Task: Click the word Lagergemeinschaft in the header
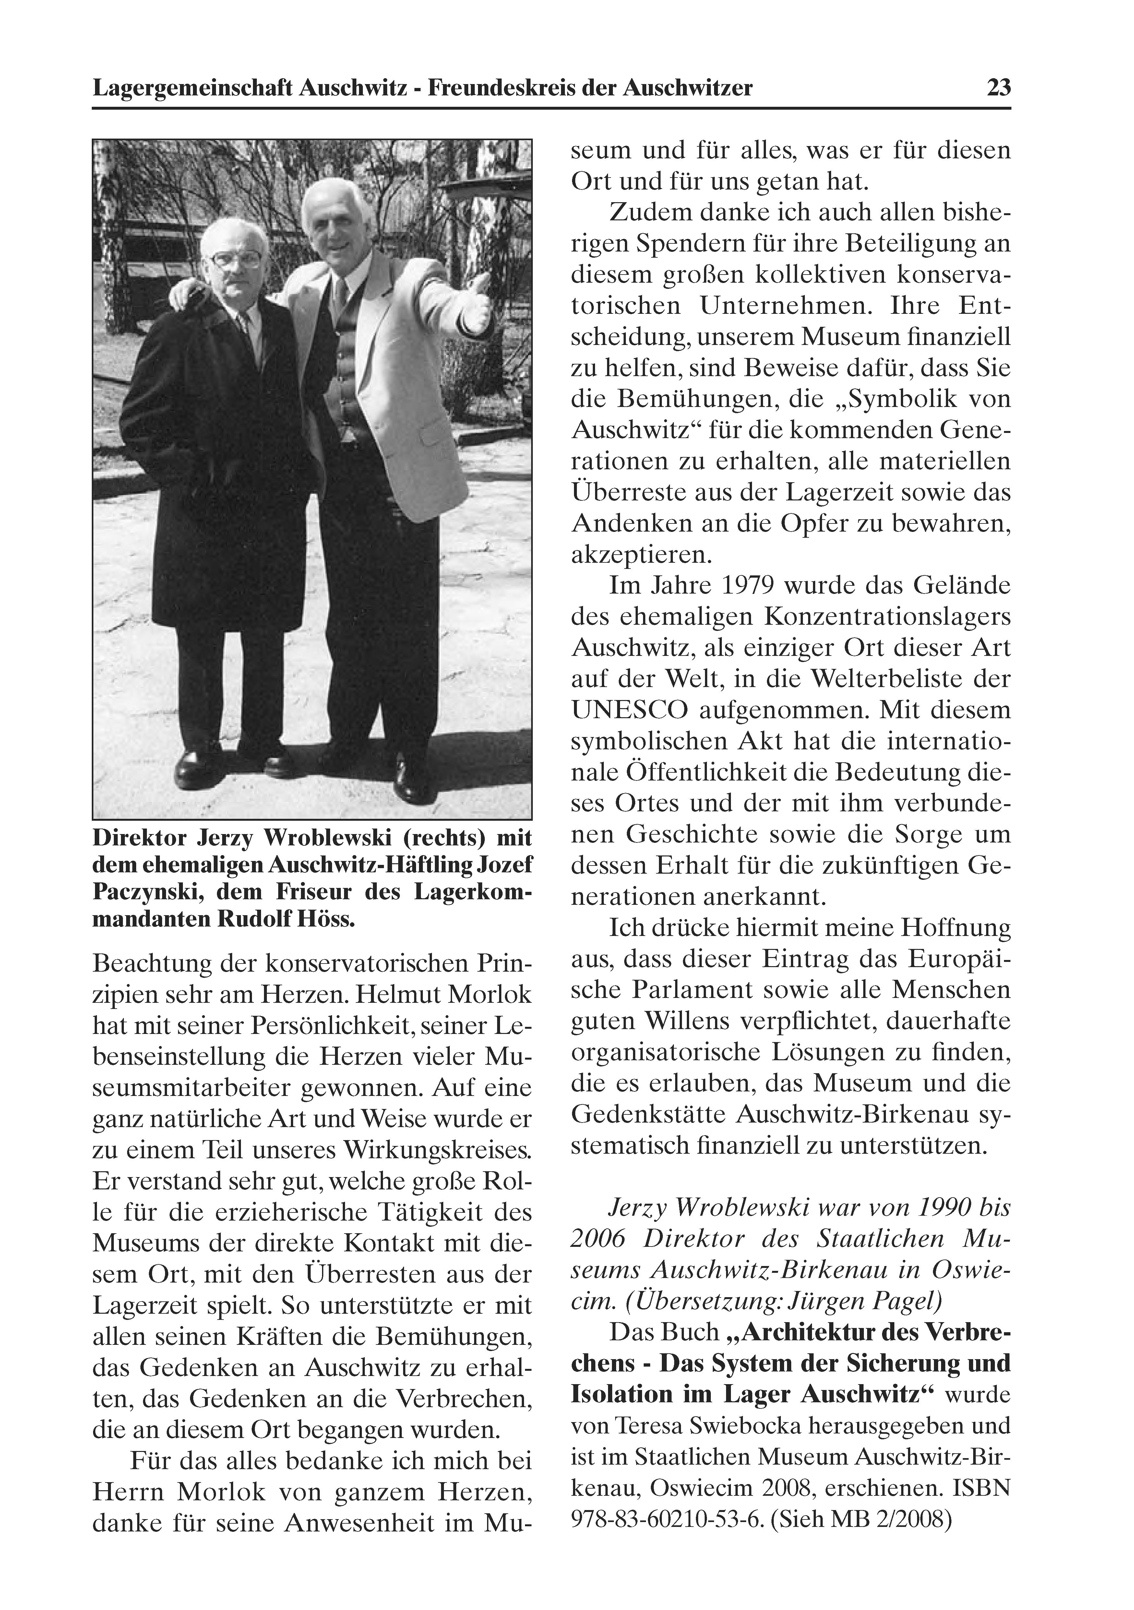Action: (193, 88)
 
